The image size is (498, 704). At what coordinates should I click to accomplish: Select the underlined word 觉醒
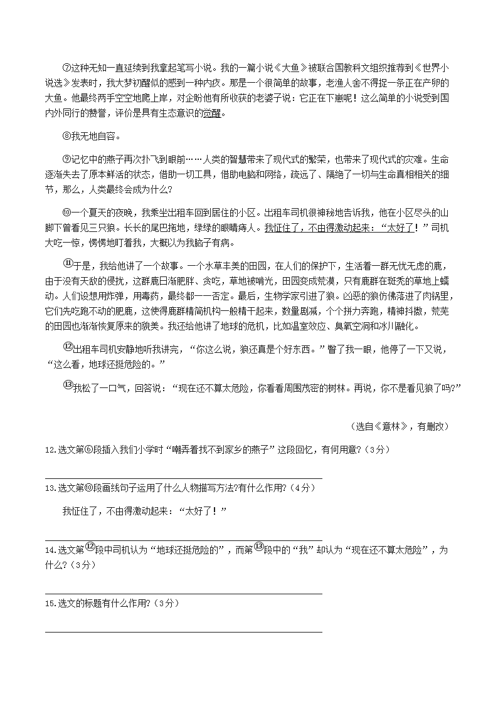click(x=213, y=113)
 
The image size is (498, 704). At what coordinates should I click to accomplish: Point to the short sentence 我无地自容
click(x=94, y=137)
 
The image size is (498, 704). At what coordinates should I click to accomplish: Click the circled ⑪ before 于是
click(x=68, y=265)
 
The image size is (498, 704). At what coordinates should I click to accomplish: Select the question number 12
click(x=50, y=449)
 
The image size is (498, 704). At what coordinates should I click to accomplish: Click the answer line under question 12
click(x=184, y=478)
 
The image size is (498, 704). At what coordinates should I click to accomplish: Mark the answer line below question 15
click(x=184, y=632)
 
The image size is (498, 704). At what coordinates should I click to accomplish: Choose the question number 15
click(x=50, y=604)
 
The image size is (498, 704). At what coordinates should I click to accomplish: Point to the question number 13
click(x=50, y=488)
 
